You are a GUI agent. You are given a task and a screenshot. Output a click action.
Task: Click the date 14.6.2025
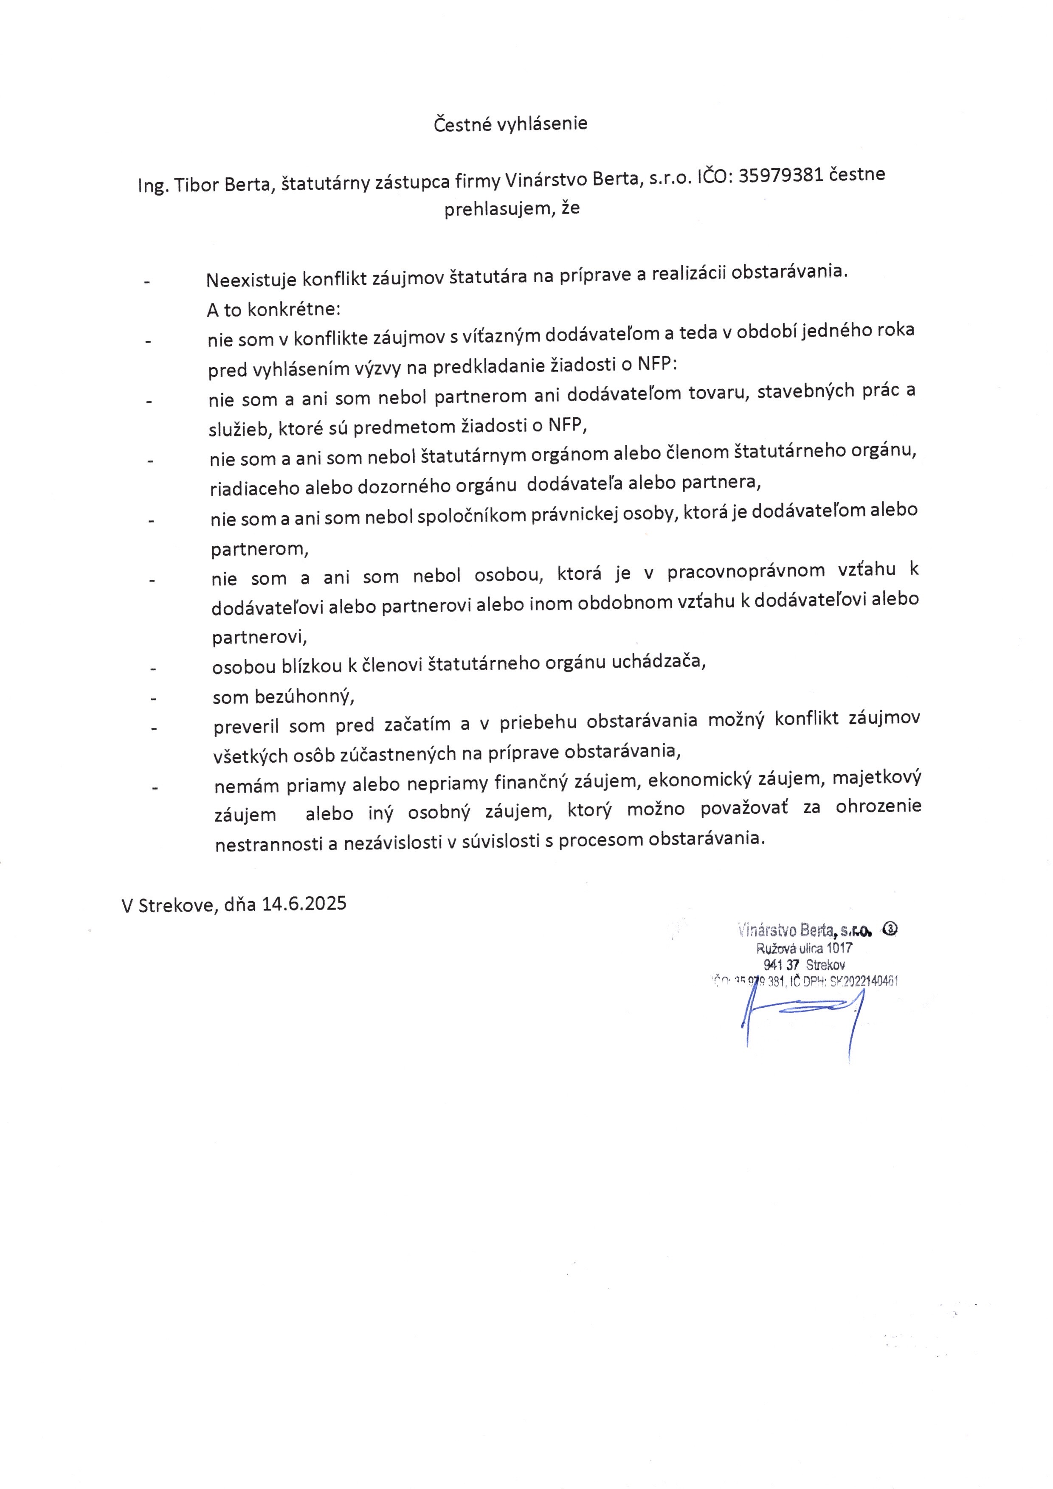click(304, 903)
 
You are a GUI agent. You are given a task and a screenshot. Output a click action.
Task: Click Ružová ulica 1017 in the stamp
click(805, 948)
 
